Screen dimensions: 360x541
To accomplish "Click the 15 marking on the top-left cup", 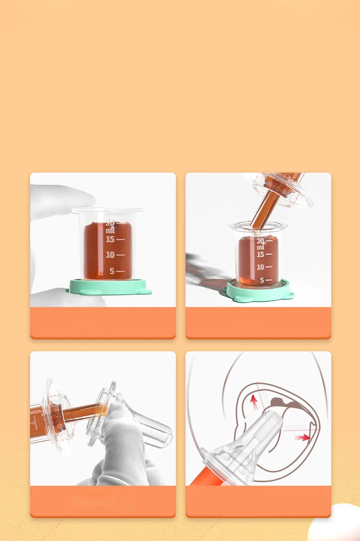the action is pos(110,239).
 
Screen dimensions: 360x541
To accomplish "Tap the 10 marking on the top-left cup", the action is pos(110,255).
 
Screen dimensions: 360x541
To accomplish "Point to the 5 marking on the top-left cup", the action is pos(112,271).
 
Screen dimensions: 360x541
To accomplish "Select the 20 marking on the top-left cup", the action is pos(110,223).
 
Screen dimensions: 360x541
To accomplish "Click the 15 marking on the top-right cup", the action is pos(261,254).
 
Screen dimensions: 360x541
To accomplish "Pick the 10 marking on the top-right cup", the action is pos(261,267).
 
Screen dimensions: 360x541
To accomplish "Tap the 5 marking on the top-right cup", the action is pos(262,280).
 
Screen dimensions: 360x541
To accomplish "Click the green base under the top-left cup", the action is pos(108,287).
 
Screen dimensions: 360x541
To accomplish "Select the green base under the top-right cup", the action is pos(259,292).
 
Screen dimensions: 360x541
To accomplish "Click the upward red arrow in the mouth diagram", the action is pos(254,402).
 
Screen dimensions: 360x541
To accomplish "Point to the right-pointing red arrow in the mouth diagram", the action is pos(303,438).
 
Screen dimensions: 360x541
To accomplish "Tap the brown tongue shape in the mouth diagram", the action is pos(281,402).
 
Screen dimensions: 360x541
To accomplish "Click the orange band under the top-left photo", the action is pos(103,323).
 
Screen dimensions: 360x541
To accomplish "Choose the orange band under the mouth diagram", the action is pos(258,501).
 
